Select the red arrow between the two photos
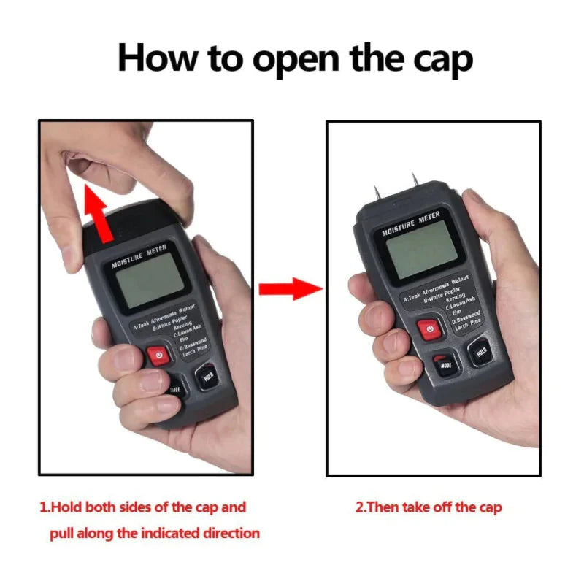click(x=291, y=288)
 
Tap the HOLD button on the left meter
click(x=206, y=376)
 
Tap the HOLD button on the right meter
click(x=480, y=351)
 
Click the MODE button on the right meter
click(x=445, y=363)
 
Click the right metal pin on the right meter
click(x=415, y=180)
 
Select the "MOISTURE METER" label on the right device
click(x=410, y=223)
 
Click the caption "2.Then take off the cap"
click(x=429, y=507)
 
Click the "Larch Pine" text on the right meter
click(x=467, y=326)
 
